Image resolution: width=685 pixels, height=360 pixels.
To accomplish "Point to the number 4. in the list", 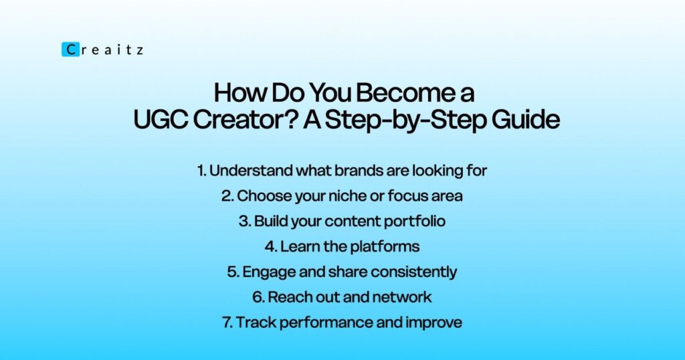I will tap(271, 246).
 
